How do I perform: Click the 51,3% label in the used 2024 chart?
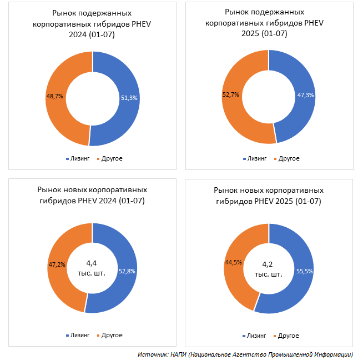129,97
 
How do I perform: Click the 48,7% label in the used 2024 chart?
54,96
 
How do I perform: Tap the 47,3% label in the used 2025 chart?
306,95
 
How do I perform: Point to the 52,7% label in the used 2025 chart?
230,94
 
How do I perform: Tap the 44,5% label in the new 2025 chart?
233,262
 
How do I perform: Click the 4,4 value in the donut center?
92,263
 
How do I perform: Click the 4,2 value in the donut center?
269,264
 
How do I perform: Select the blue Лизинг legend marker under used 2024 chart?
67,159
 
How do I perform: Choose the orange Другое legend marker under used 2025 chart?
275,159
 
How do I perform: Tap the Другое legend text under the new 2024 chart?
112,335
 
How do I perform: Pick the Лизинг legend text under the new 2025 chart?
256,336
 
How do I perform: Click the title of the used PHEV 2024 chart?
92,24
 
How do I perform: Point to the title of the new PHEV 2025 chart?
268,195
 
